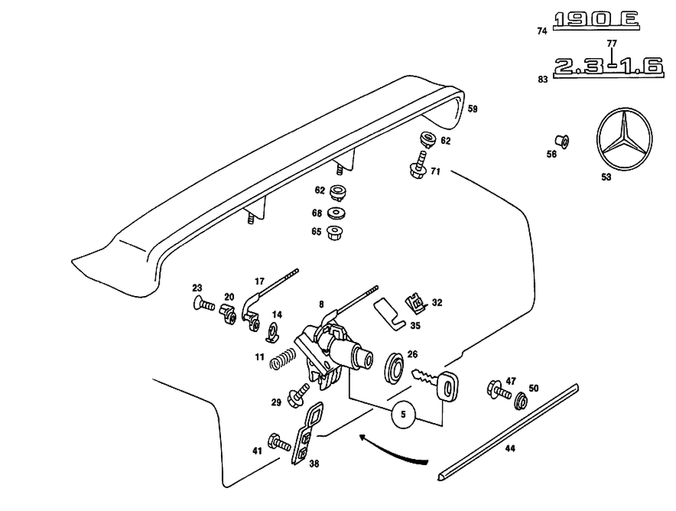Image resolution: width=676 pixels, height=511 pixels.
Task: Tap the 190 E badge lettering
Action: (595, 22)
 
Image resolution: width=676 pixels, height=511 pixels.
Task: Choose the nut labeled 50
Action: (521, 400)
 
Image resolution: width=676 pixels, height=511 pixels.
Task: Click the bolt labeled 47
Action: (496, 391)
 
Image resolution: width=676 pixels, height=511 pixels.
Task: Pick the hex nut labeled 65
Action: (333, 233)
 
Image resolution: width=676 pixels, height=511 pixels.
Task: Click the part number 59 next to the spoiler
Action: (473, 108)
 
